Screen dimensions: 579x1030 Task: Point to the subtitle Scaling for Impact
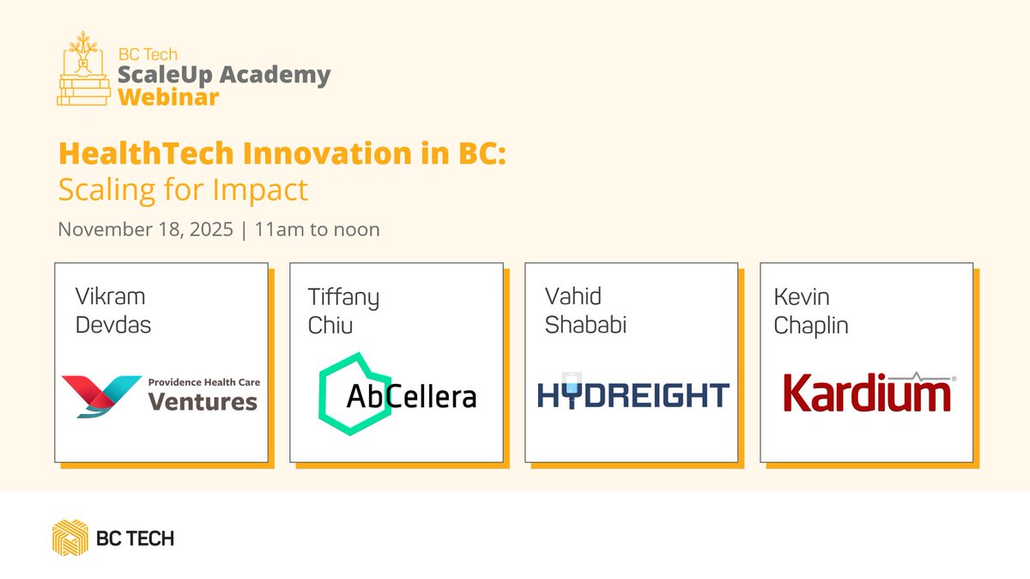coord(183,189)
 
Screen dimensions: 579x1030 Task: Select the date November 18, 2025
coord(145,230)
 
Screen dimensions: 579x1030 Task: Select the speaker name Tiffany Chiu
coord(343,312)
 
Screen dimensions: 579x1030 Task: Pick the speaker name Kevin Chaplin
coord(811,312)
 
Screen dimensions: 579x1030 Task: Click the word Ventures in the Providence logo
coord(203,401)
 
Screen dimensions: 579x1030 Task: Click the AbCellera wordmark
coord(411,396)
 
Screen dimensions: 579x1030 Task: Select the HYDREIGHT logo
coord(633,394)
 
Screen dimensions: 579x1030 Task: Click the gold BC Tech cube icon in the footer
coord(70,538)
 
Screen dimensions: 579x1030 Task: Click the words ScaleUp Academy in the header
coord(224,75)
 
